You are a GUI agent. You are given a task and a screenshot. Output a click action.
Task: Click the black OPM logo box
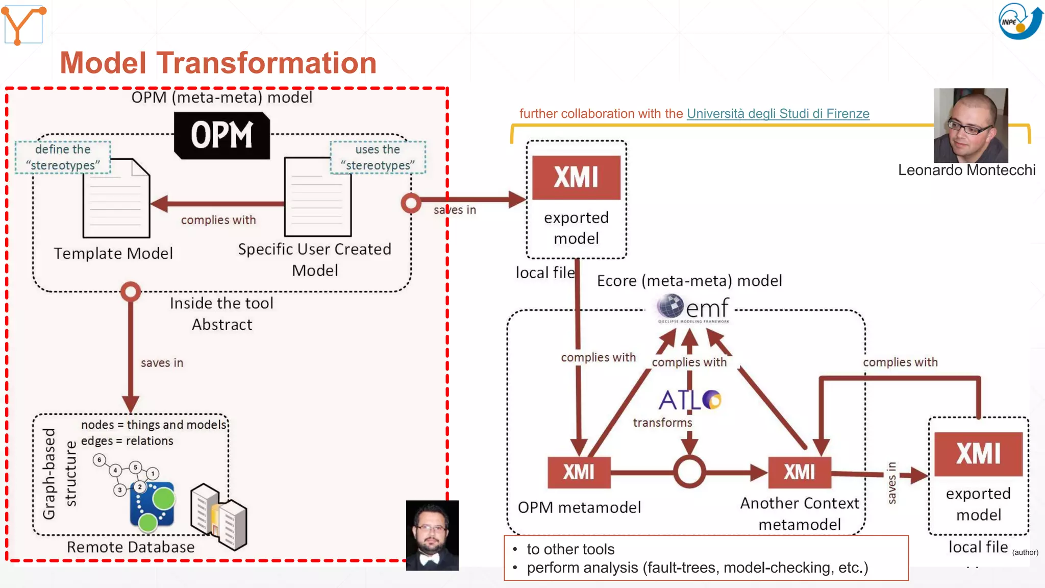point(221,136)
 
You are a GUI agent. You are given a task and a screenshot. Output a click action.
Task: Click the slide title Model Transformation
point(218,63)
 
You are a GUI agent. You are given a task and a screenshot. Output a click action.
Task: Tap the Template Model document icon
point(116,199)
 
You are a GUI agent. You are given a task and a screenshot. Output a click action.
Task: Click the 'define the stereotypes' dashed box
point(63,157)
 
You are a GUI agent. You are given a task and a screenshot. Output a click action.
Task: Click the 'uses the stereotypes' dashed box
point(378,157)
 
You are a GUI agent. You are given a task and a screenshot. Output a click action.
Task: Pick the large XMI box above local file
point(576,178)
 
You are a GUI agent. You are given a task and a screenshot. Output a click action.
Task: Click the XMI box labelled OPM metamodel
point(579,472)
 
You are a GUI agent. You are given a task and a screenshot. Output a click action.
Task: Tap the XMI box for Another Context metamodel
point(799,472)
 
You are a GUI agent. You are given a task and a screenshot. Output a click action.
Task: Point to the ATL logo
point(689,400)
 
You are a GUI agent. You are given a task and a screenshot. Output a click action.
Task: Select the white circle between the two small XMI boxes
point(689,472)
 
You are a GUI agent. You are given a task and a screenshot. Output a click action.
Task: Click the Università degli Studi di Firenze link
point(778,113)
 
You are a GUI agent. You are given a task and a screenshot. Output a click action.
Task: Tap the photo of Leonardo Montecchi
point(971,126)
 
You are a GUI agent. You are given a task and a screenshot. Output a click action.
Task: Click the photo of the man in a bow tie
point(432,535)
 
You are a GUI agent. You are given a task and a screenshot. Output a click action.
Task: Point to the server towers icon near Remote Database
point(218,517)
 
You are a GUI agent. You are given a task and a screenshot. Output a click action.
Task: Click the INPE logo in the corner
point(1019,21)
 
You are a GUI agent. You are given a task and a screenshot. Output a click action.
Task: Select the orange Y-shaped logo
point(23,24)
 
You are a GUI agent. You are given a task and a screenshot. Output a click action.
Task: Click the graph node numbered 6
point(99,460)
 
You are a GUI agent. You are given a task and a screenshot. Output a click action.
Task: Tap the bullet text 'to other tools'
point(570,549)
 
